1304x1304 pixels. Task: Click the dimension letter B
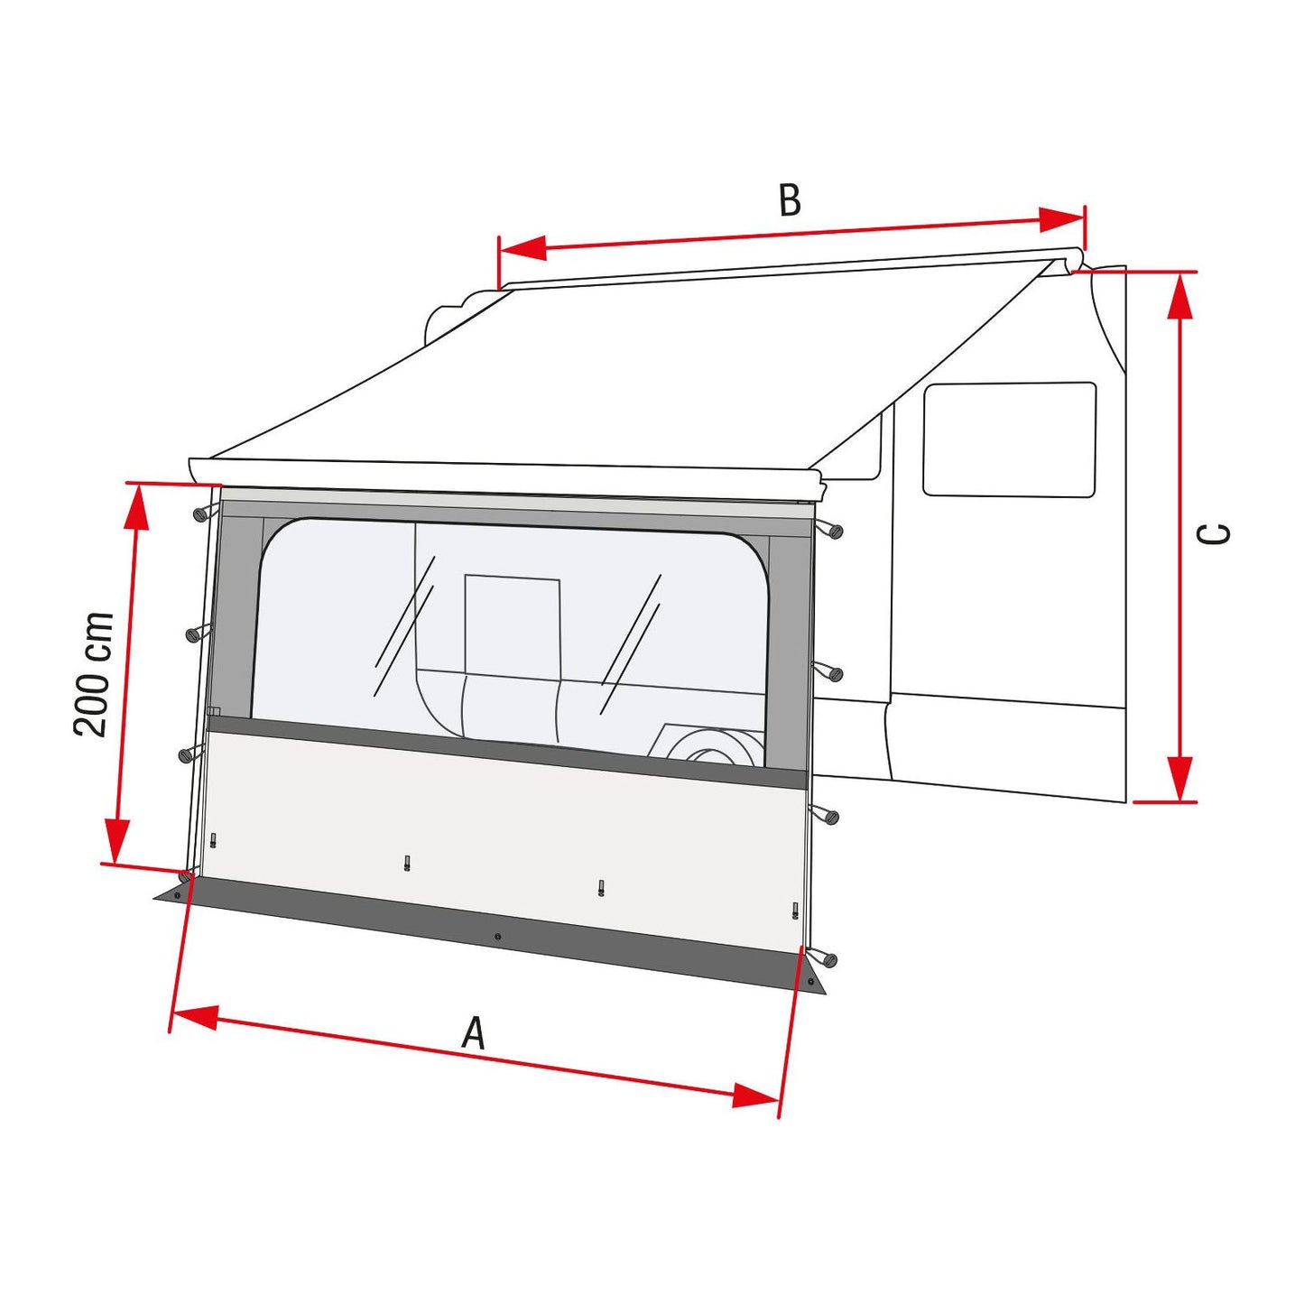[790, 200]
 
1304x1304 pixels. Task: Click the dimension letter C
[1213, 534]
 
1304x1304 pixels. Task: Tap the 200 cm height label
[92, 675]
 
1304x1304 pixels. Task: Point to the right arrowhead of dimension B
[1060, 220]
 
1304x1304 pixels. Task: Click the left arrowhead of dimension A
[195, 1016]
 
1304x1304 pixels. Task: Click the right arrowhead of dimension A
[756, 1095]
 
